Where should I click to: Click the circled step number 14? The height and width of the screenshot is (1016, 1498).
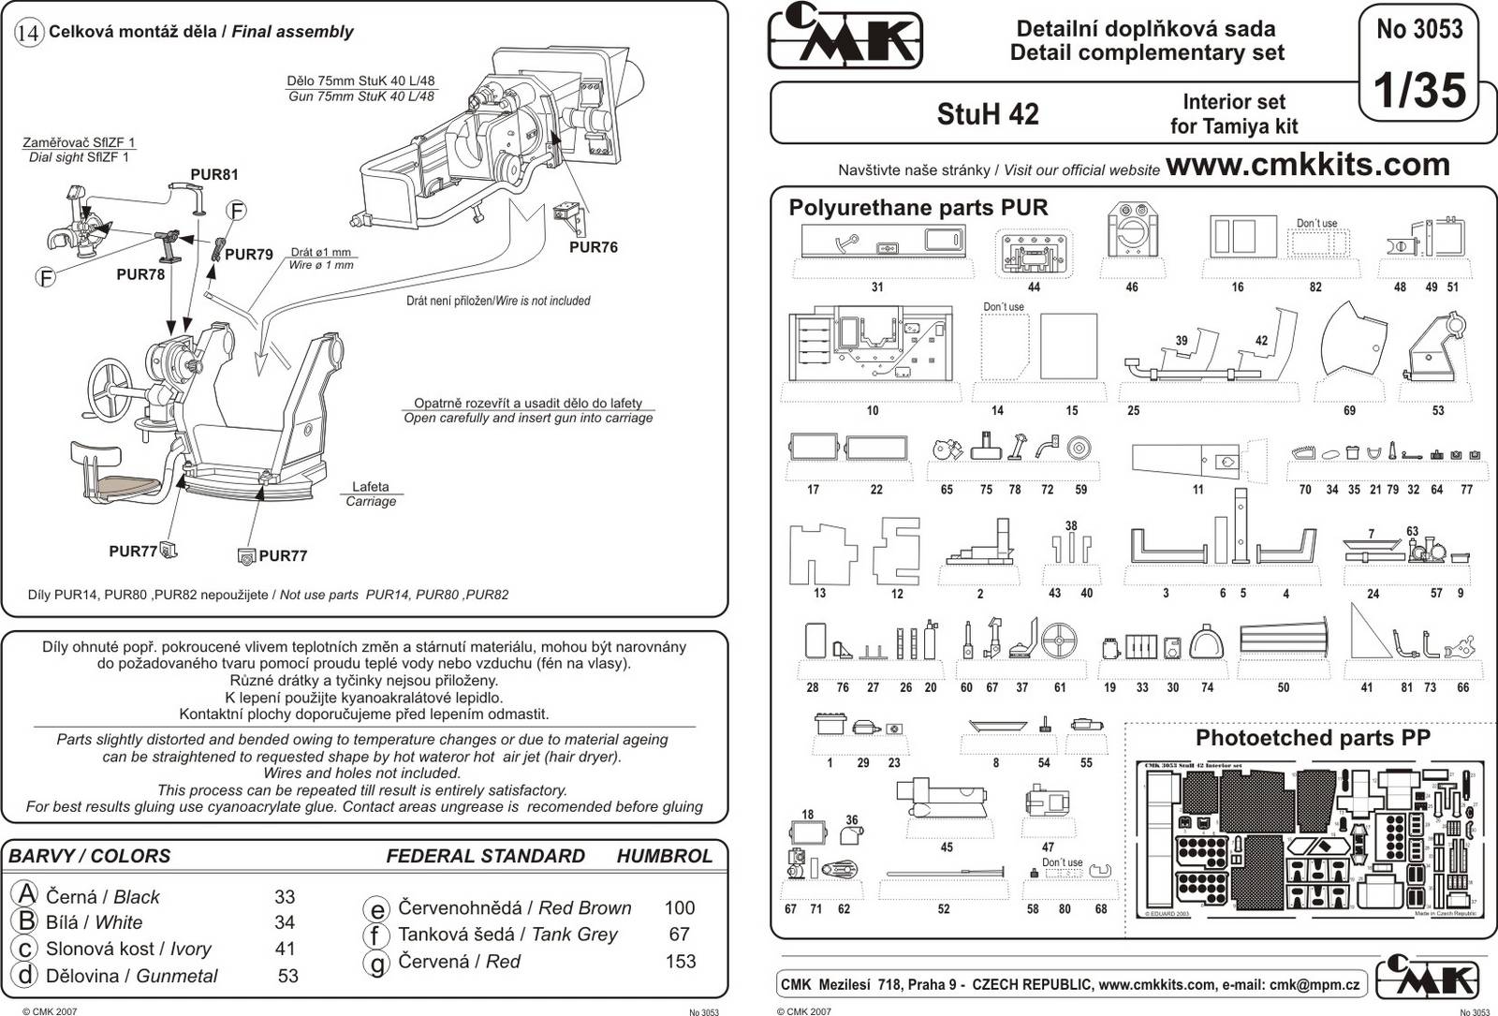[29, 33]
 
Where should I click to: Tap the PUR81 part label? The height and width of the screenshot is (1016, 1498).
[214, 174]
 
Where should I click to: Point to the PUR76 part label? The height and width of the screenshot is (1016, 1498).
[594, 247]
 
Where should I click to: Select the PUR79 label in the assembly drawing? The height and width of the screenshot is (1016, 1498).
[249, 254]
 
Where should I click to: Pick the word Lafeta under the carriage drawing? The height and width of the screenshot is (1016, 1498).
[370, 487]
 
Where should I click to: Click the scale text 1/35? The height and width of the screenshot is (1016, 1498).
[1418, 91]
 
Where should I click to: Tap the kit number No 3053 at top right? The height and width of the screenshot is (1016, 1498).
[1419, 29]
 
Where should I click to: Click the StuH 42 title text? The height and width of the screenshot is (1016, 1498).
[987, 114]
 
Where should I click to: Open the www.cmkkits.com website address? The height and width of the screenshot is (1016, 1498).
[1307, 165]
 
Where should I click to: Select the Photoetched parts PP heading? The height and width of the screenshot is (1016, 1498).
[1313, 738]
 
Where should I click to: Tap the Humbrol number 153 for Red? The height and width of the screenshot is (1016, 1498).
[681, 961]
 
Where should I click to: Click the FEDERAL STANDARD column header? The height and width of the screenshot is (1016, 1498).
[485, 856]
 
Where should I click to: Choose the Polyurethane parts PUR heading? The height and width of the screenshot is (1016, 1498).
[918, 208]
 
